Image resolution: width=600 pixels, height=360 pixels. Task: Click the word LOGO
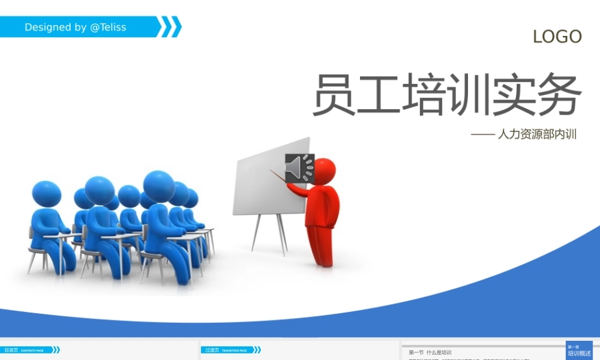557,37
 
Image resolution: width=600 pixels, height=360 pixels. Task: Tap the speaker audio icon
299,167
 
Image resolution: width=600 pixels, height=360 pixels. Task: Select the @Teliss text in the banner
108,27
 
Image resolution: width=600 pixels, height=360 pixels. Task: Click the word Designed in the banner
47,27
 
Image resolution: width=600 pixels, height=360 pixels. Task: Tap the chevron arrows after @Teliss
171,27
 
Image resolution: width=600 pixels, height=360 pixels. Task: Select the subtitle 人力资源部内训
537,134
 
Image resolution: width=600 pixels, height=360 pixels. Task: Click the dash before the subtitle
482,135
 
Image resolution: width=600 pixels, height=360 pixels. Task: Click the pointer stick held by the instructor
279,178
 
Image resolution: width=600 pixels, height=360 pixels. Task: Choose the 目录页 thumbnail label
11,350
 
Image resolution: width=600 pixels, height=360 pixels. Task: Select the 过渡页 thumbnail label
211,350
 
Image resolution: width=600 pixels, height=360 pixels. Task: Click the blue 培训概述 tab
579,353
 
